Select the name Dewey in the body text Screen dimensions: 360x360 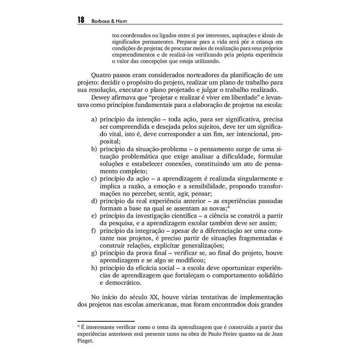click(101, 99)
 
